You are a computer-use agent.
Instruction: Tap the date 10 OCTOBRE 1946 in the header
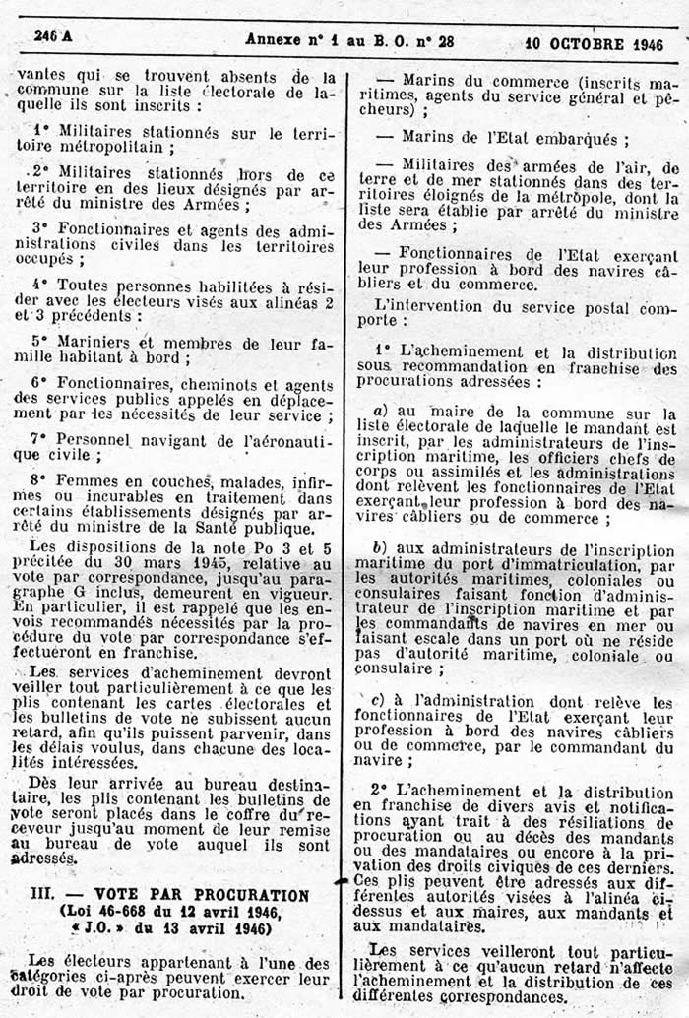pos(594,44)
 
